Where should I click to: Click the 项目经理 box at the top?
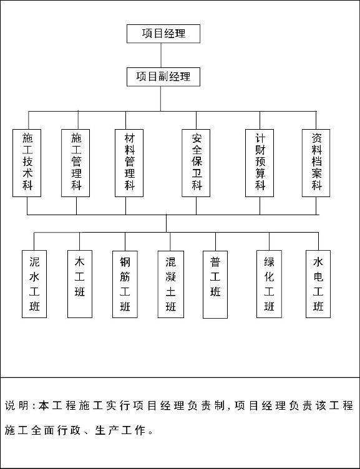163,34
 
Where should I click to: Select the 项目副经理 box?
163,77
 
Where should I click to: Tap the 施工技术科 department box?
27,163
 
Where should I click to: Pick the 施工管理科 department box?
75,163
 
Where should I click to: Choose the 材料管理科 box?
129,163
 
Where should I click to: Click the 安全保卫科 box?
196,163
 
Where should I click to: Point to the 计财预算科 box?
260,163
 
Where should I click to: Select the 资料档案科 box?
316,163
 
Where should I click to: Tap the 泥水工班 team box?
34,284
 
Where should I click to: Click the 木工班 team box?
80,284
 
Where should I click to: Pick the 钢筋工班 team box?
125,284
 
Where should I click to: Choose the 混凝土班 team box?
171,284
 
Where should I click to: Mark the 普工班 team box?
215,284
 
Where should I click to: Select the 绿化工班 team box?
269,284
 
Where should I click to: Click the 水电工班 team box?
318,284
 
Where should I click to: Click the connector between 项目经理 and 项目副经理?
161,56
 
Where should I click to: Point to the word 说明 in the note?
17,405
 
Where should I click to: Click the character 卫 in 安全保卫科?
197,173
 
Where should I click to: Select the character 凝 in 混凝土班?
171,277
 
